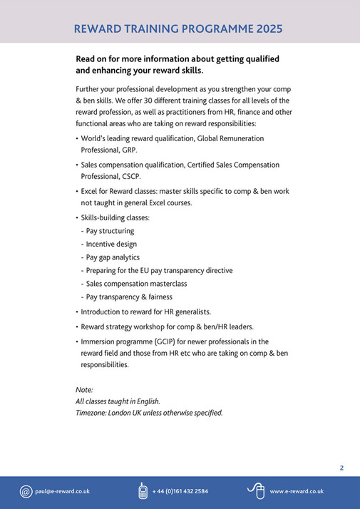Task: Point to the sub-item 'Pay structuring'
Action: point(110,231)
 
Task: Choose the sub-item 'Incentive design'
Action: point(111,244)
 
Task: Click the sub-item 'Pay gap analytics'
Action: point(113,257)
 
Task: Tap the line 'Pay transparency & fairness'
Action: point(129,297)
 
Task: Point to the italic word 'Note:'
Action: point(84,389)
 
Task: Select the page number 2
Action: point(341,468)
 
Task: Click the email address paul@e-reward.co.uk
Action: point(62,491)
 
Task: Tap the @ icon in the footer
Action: point(26,491)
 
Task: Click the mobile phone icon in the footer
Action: point(143,491)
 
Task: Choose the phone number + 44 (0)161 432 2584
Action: point(180,491)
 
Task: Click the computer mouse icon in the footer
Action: point(257,490)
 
